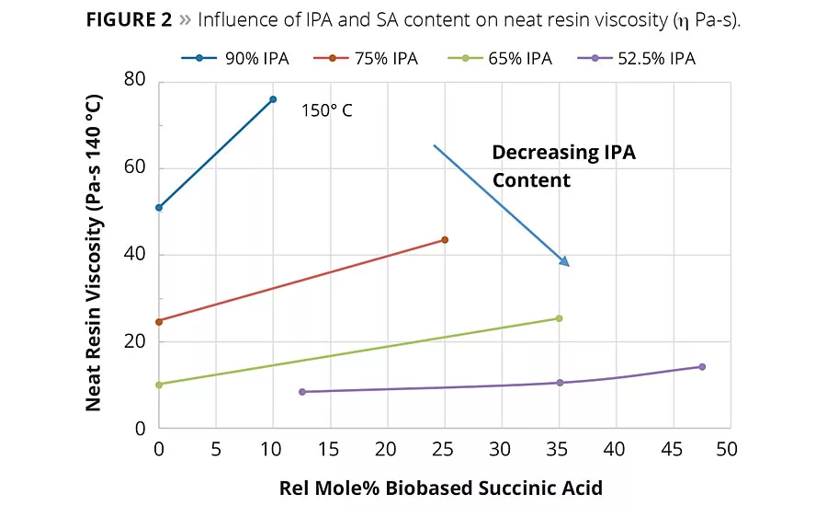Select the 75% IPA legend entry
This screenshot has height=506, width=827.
coord(372,59)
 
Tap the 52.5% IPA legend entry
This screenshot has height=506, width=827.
coord(643,59)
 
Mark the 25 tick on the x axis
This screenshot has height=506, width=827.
coord(444,450)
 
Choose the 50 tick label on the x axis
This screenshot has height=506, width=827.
coord(727,450)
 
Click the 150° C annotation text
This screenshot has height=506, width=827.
coord(327,111)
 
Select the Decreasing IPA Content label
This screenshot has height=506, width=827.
coord(563,167)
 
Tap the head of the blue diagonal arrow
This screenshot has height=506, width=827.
coord(567,263)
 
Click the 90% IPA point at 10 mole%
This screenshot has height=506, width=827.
coord(273,99)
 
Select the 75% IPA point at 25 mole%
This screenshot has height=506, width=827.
coord(445,240)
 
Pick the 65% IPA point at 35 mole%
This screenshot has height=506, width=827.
coord(559,318)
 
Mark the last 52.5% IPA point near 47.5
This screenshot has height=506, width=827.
coord(702,367)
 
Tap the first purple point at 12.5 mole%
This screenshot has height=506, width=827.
coord(301,392)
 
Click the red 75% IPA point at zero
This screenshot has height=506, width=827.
coord(159,322)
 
